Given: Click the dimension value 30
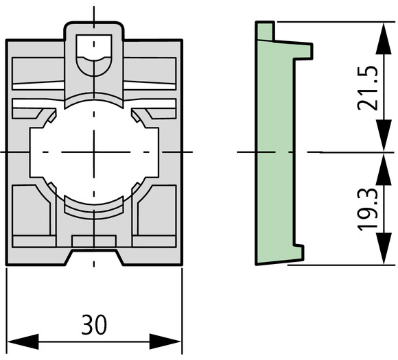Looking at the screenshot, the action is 94,324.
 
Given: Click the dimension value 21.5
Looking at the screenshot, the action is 367,88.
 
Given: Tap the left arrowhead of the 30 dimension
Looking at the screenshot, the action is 23,341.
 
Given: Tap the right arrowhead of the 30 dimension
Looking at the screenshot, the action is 165,341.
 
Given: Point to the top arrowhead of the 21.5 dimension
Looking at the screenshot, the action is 384,38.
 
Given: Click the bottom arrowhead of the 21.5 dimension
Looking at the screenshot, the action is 384,136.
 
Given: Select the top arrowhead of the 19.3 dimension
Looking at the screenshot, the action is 384,169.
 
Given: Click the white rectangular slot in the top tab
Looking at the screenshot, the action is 94,46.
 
